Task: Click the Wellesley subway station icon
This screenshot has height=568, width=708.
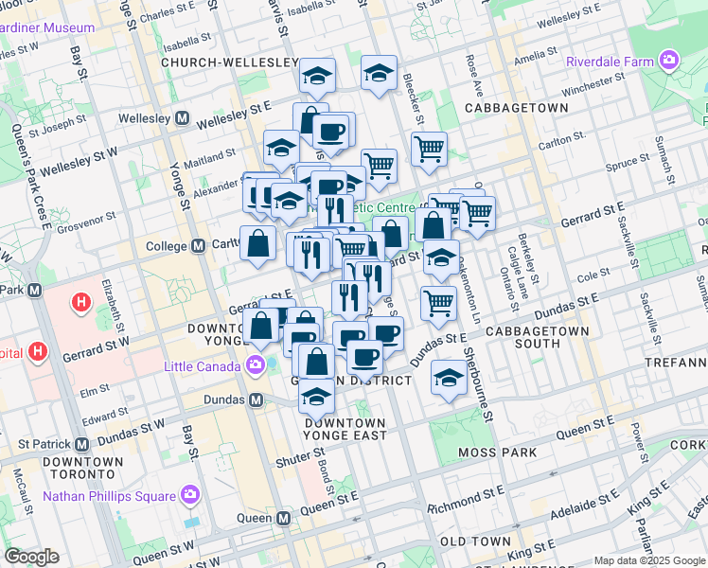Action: (181, 119)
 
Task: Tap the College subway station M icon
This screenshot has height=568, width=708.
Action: (199, 246)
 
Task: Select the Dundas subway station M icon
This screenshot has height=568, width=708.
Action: (256, 399)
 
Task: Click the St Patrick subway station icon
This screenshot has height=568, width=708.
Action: (82, 443)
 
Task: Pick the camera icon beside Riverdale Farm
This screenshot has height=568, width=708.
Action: (670, 62)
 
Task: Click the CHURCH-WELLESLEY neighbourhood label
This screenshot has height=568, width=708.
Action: (230, 62)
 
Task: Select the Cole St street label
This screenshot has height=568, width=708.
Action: (594, 275)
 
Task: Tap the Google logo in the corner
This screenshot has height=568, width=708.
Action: (32, 557)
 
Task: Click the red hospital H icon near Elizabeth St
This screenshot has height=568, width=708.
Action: (82, 304)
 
